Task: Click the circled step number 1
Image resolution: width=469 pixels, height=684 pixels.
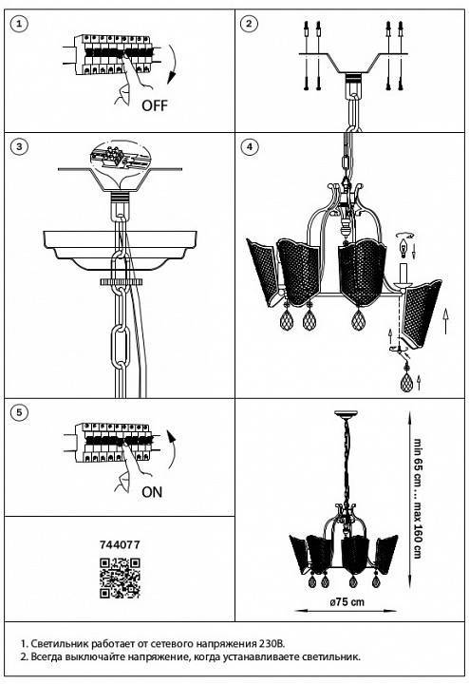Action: click(x=19, y=24)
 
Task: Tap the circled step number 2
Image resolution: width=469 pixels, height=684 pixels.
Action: click(x=249, y=24)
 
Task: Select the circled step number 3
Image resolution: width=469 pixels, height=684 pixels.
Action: click(x=19, y=146)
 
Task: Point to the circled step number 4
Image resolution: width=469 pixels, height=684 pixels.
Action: click(x=250, y=146)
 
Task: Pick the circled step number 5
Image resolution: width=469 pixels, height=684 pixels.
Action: click(x=19, y=412)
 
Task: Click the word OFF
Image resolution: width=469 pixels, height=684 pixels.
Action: click(x=155, y=105)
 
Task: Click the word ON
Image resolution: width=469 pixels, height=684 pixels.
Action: click(x=152, y=492)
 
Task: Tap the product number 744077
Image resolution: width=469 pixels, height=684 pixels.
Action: click(x=120, y=544)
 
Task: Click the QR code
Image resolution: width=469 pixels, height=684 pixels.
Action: click(x=120, y=578)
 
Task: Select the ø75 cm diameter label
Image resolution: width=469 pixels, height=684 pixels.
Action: click(x=347, y=602)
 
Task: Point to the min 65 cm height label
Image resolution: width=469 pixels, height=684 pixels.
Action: click(x=417, y=463)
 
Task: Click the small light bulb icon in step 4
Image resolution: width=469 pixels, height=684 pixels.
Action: click(x=403, y=249)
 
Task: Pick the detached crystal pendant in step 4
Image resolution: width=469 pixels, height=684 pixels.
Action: click(x=406, y=381)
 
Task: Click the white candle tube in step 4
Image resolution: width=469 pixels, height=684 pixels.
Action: click(x=403, y=274)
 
